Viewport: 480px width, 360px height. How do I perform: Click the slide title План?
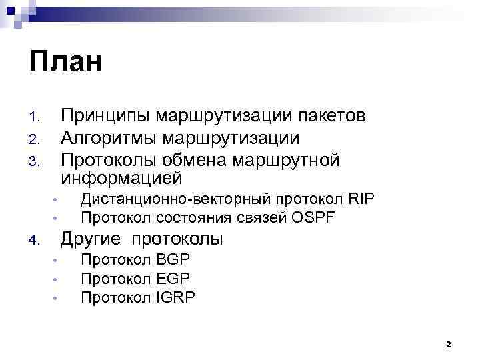click(65, 62)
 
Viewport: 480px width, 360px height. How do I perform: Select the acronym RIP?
click(361, 199)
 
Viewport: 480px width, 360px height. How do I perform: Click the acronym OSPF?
click(313, 217)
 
